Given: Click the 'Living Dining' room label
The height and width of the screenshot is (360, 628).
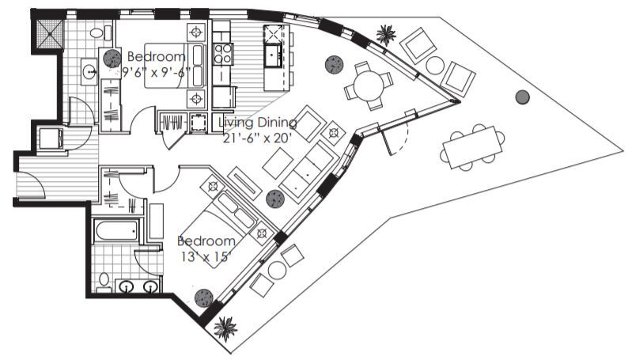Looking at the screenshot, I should pyautogui.click(x=257, y=122).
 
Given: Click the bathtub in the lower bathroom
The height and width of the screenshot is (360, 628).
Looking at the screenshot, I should pyautogui.click(x=115, y=230).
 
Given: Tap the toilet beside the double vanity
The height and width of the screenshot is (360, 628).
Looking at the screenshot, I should pyautogui.click(x=104, y=279).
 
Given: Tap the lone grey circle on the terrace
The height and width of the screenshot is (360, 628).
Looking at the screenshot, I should pyautogui.click(x=521, y=97).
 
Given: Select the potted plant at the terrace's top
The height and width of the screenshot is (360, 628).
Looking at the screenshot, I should pyautogui.click(x=386, y=34).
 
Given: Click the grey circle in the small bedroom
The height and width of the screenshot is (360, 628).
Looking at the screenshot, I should pyautogui.click(x=110, y=57).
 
